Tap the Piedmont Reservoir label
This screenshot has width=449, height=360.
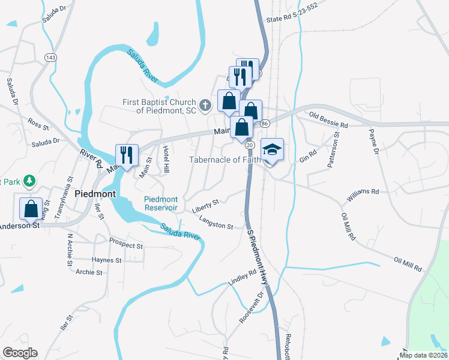point(161,203)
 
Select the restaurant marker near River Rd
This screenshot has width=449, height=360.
point(127,155)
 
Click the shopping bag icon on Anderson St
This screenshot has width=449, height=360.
point(31,209)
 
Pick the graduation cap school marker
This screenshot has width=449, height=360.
point(272,149)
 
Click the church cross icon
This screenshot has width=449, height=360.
point(205,106)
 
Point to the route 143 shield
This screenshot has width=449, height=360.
point(51,57)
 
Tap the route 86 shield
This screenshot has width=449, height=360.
point(264,123)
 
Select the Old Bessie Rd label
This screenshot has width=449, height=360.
point(328,120)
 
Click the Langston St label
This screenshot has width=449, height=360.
point(216,223)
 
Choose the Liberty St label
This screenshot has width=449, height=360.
point(206,206)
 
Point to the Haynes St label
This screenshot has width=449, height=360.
point(107,260)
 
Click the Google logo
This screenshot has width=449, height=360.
point(20,353)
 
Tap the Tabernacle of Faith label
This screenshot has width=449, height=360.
point(225,160)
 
